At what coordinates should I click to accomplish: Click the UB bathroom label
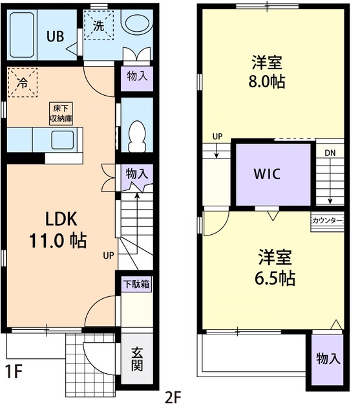(x=54, y=36)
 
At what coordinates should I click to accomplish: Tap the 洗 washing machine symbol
(x=98, y=28)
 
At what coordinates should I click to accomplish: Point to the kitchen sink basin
(x=63, y=139)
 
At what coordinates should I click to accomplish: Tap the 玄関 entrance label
(x=138, y=360)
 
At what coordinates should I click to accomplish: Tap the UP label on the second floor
(x=217, y=137)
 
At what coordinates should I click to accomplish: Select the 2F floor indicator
(x=173, y=397)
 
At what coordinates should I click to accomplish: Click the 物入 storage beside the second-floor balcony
(x=328, y=358)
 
